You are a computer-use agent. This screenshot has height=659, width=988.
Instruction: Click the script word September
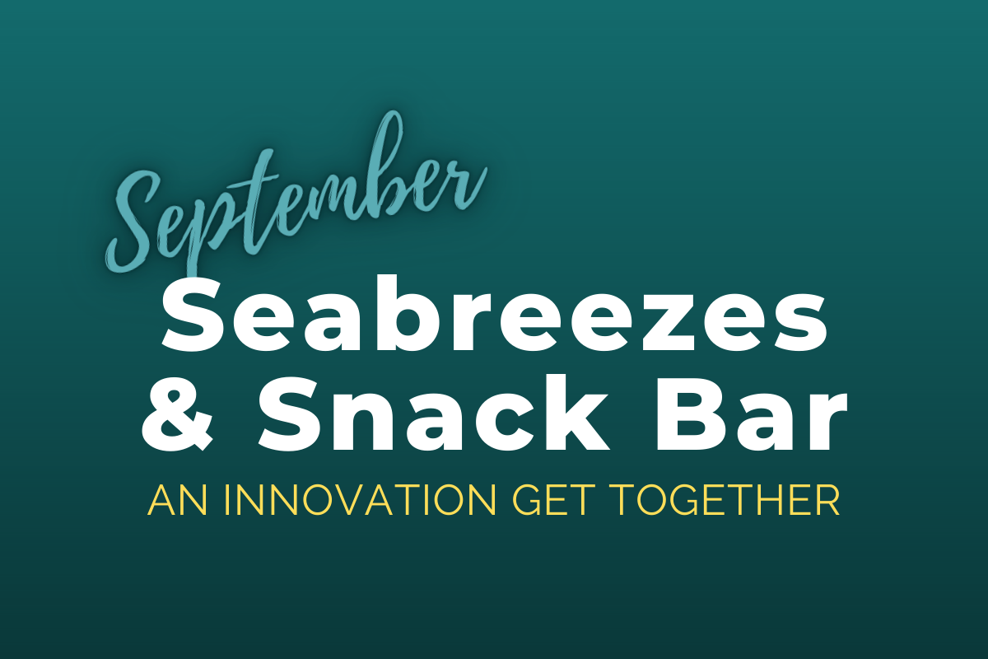[296, 194]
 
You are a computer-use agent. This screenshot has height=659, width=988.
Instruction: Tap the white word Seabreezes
[494, 312]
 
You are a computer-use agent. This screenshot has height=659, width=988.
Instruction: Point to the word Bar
[751, 414]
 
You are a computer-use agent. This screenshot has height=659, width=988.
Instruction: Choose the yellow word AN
[177, 501]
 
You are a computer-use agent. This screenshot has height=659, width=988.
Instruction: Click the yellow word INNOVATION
[361, 501]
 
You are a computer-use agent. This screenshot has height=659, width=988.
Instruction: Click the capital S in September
[141, 221]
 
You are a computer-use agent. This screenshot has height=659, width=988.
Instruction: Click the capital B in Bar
[692, 414]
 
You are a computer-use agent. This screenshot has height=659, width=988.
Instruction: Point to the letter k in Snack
[573, 410]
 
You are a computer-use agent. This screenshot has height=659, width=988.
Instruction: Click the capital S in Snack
[292, 414]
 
